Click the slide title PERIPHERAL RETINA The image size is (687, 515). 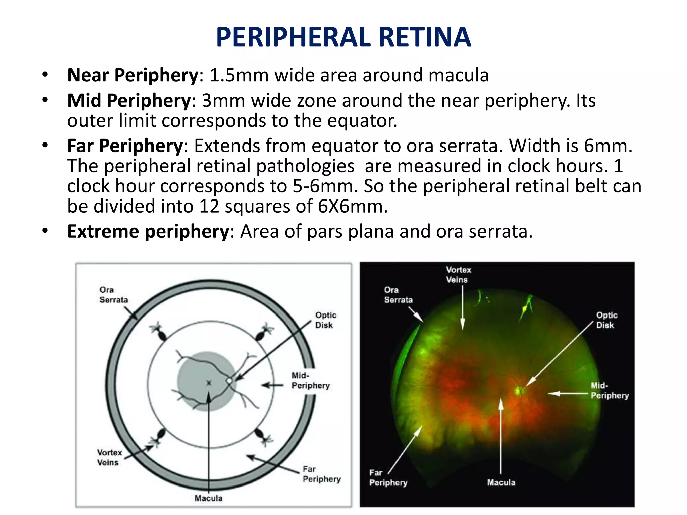coord(343,37)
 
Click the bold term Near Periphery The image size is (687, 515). coord(133,75)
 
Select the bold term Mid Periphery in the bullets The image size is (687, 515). coord(129,100)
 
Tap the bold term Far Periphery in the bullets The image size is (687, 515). coord(125,146)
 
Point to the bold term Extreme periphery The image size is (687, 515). coord(148,231)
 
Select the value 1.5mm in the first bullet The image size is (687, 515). coord(239,75)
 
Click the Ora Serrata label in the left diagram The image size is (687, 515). coord(113,295)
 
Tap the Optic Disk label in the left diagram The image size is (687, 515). coord(325,320)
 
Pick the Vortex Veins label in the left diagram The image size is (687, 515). coord(109,457)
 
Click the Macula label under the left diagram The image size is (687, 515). coord(208,498)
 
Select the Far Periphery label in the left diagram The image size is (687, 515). coord(321,474)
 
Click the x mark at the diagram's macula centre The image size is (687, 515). coord(209,383)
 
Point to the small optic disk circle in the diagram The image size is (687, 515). coord(229,381)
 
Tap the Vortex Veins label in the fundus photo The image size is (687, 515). coord(458,275)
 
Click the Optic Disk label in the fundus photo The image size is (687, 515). coord(606,320)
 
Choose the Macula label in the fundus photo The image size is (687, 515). coord(501,482)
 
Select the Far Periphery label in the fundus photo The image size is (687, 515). coord(388,477)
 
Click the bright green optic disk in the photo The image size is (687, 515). coord(520,390)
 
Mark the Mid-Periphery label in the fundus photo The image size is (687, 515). coord(610,391)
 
